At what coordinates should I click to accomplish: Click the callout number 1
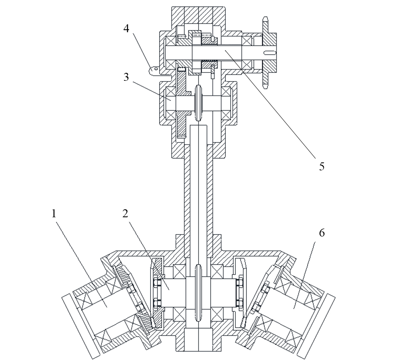[x=54, y=213]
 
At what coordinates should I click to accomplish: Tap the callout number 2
[x=125, y=213]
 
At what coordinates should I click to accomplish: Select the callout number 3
[x=126, y=77]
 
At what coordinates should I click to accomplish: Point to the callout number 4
[x=126, y=28]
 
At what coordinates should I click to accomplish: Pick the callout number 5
[x=321, y=167]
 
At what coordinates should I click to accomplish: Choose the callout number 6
[x=322, y=233]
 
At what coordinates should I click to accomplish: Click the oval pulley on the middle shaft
[x=199, y=103]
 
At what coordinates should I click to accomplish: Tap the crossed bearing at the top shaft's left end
[x=171, y=41]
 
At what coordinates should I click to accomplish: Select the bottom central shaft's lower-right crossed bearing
[x=217, y=314]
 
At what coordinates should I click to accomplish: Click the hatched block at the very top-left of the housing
[x=178, y=15]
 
